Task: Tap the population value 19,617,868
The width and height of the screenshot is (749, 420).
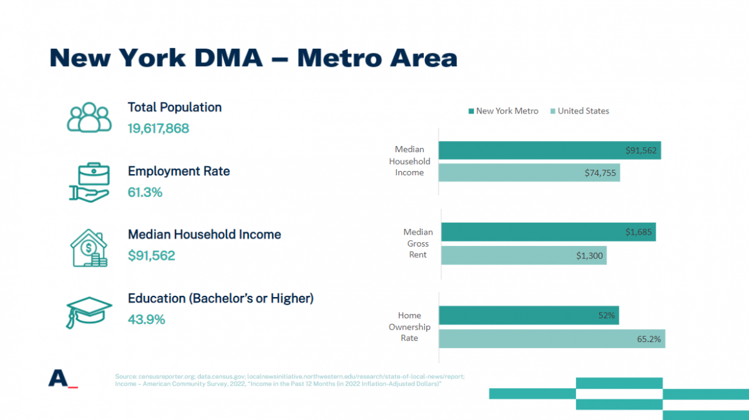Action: pos(159,129)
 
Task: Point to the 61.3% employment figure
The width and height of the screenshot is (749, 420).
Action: pos(145,192)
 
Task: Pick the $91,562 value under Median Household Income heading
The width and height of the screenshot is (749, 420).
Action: pos(152,256)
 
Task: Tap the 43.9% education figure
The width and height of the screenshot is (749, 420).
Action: pos(147,320)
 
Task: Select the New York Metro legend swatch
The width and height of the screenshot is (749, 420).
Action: pos(471,111)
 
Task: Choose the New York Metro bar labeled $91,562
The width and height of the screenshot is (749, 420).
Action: pos(549,150)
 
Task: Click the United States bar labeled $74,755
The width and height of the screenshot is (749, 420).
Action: pos(529,173)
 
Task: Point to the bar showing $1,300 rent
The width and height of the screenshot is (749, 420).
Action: pos(524,255)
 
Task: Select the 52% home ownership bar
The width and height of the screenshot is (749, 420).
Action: pos(529,316)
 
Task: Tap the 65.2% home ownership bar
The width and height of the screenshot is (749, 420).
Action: pos(552,339)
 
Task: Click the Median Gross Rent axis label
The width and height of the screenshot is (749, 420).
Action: pos(418,243)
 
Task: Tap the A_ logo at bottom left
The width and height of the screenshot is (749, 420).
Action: pos(62,378)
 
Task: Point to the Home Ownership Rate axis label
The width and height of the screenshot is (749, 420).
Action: pos(409,327)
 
